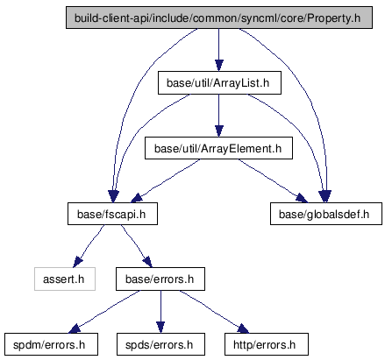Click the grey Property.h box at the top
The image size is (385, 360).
(219, 18)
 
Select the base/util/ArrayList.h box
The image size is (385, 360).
(219, 83)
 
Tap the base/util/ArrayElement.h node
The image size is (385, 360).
(218, 148)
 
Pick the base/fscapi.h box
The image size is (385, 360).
(112, 214)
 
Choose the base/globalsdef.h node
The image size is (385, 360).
(326, 214)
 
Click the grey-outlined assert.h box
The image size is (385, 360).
(65, 279)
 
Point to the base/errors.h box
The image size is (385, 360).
(160, 279)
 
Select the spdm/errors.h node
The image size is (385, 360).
(51, 344)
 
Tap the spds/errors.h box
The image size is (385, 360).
(160, 344)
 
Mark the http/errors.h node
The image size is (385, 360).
(267, 344)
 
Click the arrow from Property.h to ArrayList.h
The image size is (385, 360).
(219, 50)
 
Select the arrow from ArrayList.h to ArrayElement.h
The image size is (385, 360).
(219, 116)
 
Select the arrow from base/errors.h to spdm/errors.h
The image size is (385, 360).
(103, 311)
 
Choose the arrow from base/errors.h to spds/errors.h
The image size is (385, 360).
(160, 312)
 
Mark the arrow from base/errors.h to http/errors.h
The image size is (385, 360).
(214, 311)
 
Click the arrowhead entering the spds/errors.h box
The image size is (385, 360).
(160, 328)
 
